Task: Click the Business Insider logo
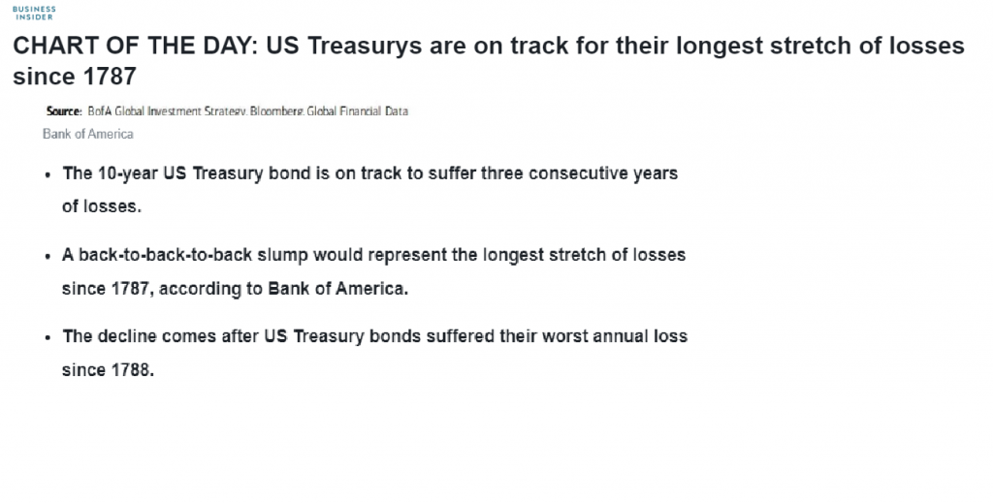click(34, 14)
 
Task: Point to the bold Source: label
click(64, 111)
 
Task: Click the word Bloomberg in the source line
click(276, 111)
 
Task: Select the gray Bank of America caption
click(88, 134)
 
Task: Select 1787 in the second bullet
click(132, 289)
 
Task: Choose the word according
click(200, 290)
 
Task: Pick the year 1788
click(133, 369)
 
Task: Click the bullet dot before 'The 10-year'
click(48, 174)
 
